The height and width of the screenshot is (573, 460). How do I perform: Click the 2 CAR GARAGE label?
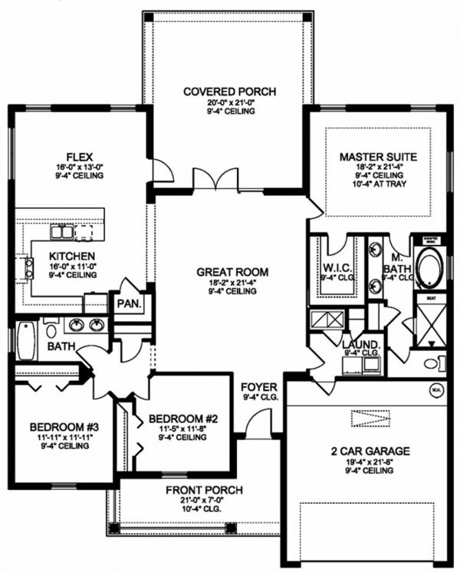coord(370,451)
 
